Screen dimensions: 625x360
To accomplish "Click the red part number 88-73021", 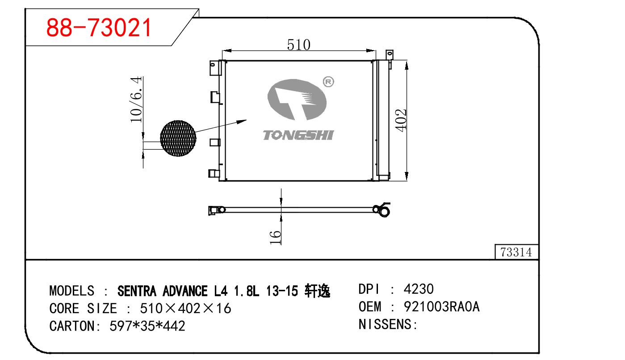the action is pos(99,28).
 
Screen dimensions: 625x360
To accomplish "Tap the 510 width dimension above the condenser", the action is pos(298,45).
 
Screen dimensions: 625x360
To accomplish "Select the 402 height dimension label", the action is pos(401,120).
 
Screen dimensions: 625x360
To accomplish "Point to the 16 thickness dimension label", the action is pos(275,237).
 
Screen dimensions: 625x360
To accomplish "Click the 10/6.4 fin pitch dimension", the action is pos(136,99).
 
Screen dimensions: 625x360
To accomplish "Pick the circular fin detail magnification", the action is pos(178,138).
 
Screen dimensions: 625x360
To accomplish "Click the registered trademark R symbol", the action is pos(328,82).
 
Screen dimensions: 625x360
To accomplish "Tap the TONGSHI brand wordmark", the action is pos(298,135).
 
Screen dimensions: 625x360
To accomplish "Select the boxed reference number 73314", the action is pos(516,252).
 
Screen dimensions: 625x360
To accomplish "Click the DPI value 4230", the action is pos(419,289).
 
